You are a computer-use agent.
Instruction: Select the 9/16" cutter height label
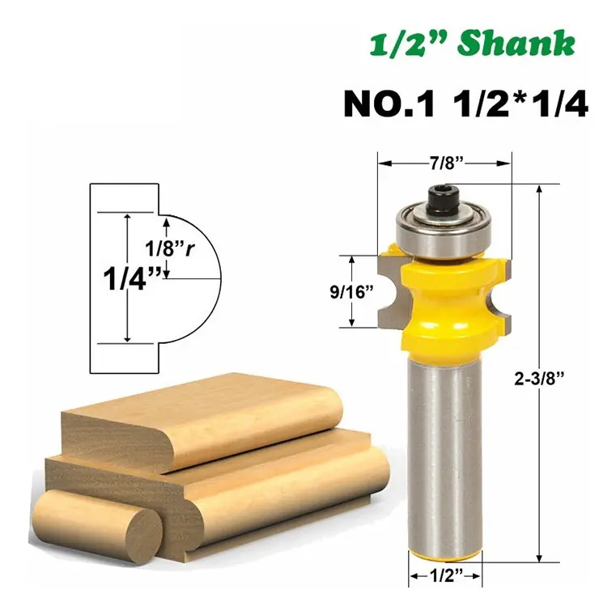pyautogui.click(x=351, y=292)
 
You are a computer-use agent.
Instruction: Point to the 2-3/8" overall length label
pyautogui.click(x=539, y=379)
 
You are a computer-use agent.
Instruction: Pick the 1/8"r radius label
pyautogui.click(x=170, y=248)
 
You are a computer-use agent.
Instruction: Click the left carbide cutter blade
pyautogui.click(x=389, y=291)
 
